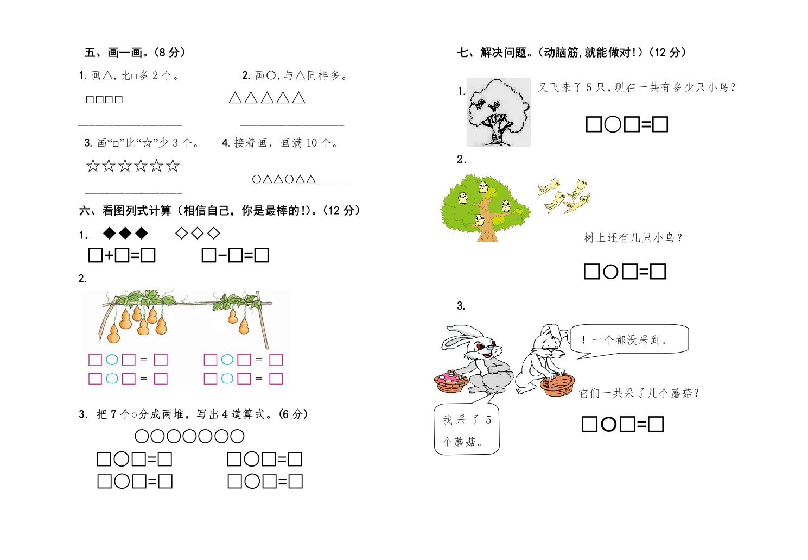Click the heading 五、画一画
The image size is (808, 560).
135,53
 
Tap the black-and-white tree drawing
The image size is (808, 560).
499,112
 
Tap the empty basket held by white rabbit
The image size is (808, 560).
557,385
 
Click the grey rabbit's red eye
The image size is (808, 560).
479,346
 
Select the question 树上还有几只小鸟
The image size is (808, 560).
633,238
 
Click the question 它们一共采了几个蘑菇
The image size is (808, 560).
639,393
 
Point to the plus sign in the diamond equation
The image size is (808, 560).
109,256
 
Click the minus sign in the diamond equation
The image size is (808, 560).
222,256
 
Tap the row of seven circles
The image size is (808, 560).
189,436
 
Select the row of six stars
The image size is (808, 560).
133,166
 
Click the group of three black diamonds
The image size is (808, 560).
125,233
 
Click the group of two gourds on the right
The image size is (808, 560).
238,321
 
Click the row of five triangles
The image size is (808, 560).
267,97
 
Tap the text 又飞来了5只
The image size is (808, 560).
571,87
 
